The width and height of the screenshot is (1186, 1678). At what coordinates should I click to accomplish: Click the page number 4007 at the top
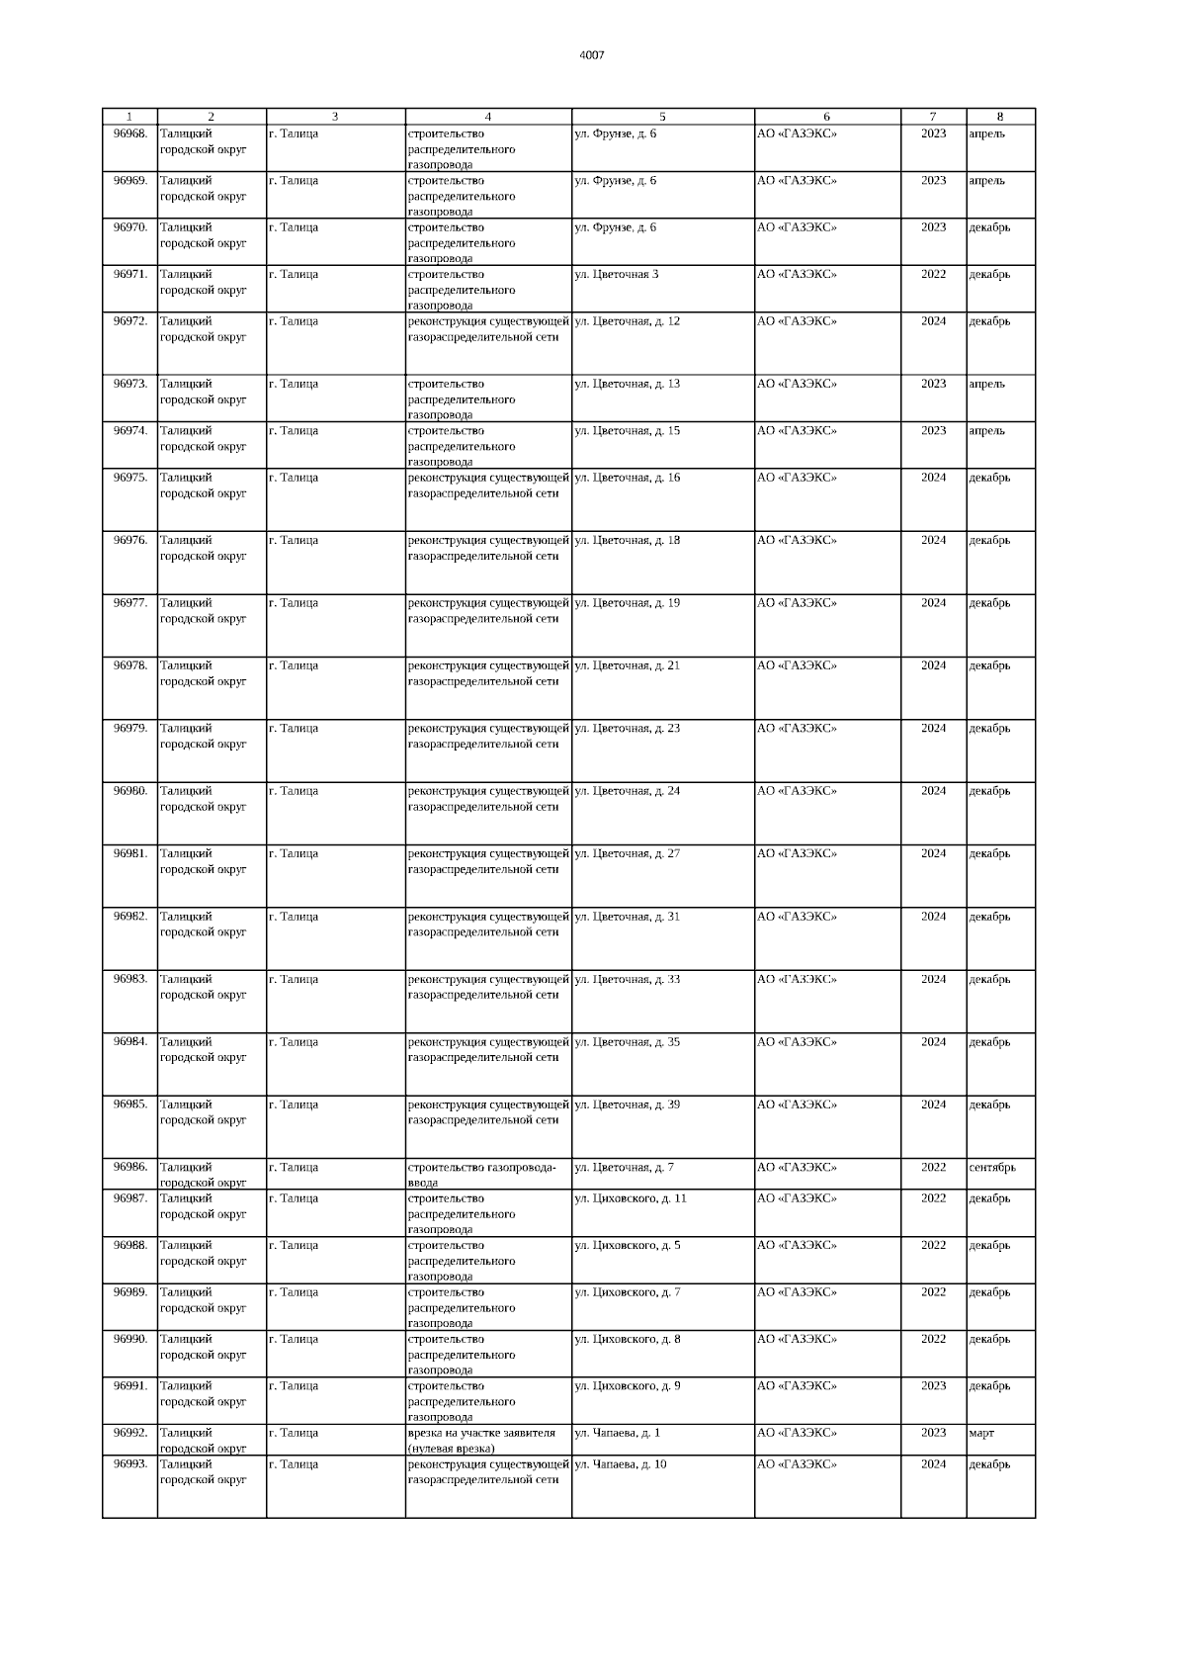tap(591, 55)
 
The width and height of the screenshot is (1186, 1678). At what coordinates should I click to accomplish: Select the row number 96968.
tap(129, 133)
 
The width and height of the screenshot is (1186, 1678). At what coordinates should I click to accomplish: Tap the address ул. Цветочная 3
tap(617, 274)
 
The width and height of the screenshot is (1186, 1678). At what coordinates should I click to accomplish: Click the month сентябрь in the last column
tap(992, 1167)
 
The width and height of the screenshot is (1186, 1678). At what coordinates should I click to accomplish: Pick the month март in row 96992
tap(981, 1433)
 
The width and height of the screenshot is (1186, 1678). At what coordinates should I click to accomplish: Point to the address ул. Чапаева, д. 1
tap(618, 1433)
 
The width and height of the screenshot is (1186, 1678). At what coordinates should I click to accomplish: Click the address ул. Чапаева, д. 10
tap(621, 1464)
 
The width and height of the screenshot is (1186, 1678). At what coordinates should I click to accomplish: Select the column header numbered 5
tap(662, 117)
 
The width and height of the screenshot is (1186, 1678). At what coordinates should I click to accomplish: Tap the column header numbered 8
tap(999, 117)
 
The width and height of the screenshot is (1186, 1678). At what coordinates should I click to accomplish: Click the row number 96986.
tap(129, 1167)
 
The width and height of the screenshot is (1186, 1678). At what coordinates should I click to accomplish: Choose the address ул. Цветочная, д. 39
tap(628, 1104)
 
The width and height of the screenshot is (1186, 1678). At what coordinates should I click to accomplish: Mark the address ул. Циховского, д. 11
tap(631, 1198)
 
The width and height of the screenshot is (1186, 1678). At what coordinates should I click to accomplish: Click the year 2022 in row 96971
tap(933, 274)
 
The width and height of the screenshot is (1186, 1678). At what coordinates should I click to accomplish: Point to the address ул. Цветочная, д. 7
tap(625, 1167)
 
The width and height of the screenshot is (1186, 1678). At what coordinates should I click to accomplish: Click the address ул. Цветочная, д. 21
tap(628, 665)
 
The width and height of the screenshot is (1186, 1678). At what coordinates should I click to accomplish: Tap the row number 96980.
tap(129, 791)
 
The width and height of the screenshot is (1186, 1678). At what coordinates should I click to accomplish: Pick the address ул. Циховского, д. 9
tap(628, 1386)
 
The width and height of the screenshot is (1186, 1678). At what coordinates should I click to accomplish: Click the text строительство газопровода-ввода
tap(481, 1174)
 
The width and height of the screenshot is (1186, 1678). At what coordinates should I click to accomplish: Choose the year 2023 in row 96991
tap(933, 1386)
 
